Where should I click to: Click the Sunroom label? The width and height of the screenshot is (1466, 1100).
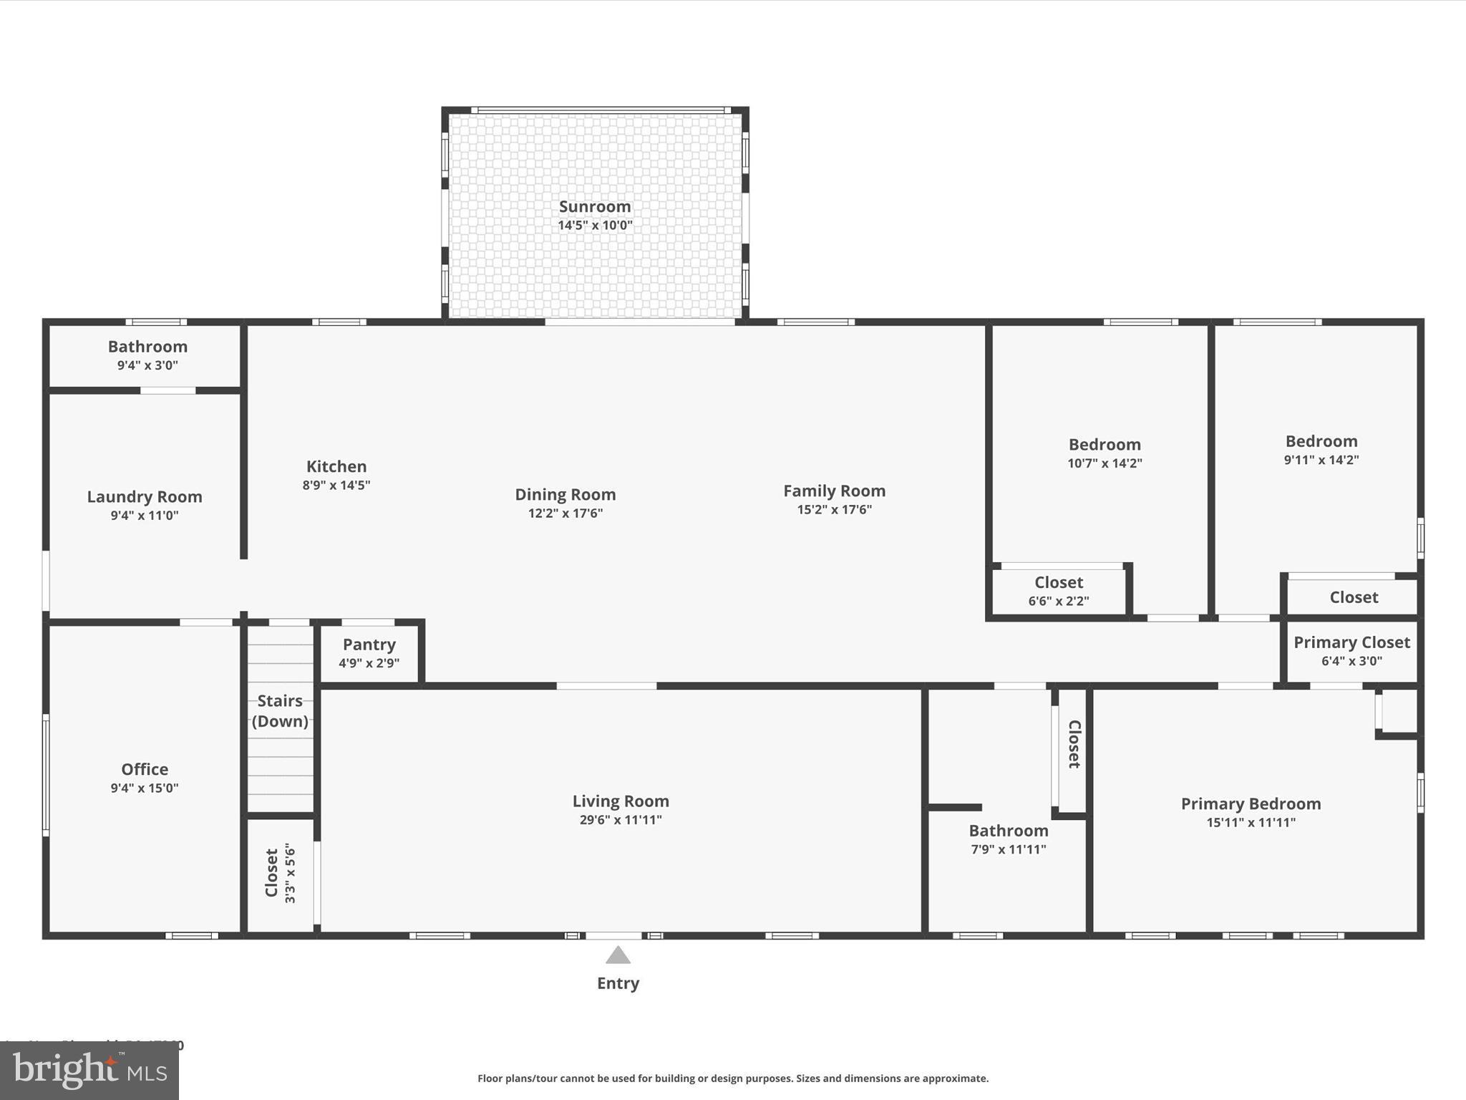595,206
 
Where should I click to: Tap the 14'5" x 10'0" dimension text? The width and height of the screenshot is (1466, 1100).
595,225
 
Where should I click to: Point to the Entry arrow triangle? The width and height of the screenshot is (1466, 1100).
618,955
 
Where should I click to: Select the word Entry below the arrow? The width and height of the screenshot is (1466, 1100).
618,983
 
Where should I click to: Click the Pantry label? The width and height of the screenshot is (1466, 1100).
369,644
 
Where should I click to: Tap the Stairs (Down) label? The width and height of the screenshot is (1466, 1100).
280,710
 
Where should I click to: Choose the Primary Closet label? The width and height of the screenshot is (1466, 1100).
1351,642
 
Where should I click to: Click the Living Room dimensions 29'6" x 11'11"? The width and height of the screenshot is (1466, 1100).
621,820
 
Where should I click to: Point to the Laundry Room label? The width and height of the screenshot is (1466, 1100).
145,496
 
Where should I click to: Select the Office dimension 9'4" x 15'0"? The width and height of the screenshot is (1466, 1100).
145,788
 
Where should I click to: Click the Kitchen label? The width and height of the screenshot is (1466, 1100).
336,466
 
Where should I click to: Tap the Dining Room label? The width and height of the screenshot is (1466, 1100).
565,494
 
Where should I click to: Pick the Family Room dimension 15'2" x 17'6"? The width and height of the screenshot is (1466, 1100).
834,509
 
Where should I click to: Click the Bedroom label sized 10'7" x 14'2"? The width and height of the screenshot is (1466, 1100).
1105,444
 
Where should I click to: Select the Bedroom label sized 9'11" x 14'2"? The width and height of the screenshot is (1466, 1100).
1321,441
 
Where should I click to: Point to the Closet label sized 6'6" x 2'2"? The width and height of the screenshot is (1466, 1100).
1059,582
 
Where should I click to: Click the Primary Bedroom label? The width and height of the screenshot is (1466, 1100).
1251,804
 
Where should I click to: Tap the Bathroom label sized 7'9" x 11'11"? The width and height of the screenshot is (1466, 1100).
1009,831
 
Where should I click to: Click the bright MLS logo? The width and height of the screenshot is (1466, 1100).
89,1071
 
